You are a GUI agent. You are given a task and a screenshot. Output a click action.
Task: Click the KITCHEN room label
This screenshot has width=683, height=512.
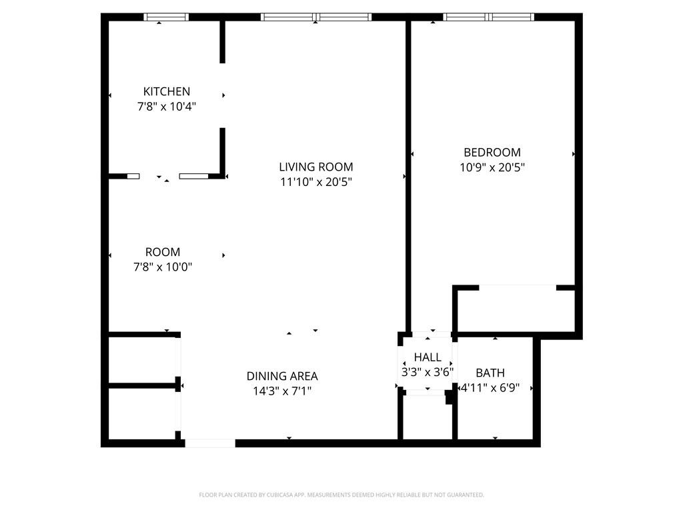[x=167, y=91]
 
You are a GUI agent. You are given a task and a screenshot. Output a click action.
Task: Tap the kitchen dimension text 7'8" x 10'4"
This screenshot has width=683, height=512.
[x=167, y=106]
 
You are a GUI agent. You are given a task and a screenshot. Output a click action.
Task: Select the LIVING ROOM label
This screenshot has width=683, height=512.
[x=316, y=167]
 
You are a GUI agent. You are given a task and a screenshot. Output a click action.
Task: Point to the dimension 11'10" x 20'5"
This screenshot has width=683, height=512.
[x=316, y=181]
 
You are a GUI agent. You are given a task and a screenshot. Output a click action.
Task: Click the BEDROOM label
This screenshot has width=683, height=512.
[x=492, y=153]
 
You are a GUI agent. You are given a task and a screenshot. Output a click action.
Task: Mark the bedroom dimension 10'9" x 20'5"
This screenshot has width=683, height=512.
[x=492, y=167]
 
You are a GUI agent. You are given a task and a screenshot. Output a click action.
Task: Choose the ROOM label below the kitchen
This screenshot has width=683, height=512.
[x=163, y=252]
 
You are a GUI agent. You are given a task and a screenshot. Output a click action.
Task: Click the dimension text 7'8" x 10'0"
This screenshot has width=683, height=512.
[x=163, y=267]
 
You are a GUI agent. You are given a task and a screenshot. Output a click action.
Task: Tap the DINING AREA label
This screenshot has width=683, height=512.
[x=282, y=376]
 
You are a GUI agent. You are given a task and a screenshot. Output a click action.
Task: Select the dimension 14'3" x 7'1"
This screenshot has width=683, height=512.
[x=282, y=391]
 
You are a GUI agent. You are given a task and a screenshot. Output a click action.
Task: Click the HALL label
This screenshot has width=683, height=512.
[x=428, y=358]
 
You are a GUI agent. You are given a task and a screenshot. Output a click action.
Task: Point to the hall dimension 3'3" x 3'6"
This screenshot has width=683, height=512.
[x=428, y=372]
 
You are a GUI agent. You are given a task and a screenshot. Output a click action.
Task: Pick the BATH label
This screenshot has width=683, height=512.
[x=490, y=373]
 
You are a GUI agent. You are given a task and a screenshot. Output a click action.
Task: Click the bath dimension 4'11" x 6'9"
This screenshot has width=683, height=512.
[x=490, y=387]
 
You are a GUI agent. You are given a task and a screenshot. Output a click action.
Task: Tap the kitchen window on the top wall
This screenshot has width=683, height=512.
[x=166, y=17]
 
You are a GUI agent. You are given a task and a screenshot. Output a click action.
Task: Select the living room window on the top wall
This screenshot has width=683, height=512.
[x=316, y=17]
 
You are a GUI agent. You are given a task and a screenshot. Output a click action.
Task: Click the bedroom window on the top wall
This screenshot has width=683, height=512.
[x=489, y=17]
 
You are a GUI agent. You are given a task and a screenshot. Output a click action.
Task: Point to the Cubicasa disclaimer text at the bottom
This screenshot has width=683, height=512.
[x=341, y=495]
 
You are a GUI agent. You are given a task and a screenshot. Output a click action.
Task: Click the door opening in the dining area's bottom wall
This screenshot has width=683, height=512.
[x=209, y=443]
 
